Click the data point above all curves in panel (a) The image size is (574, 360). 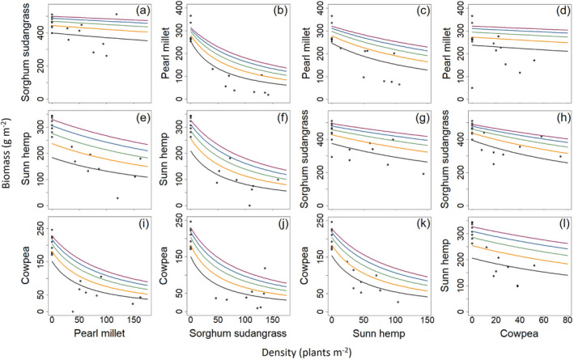[x=116, y=15]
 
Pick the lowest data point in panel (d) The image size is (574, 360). [x=472, y=87]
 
